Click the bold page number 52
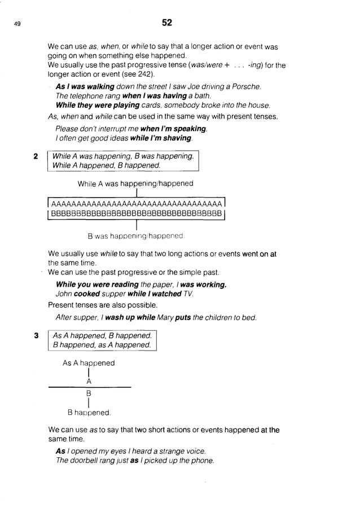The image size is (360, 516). [x=166, y=23]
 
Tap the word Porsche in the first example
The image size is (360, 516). [x=247, y=86]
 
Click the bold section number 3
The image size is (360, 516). [x=35, y=335]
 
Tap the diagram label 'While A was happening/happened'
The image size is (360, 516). [x=135, y=183]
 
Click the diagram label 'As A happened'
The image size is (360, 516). [x=89, y=363]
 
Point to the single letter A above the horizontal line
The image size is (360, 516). [x=89, y=381]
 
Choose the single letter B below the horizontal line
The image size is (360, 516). [x=89, y=392]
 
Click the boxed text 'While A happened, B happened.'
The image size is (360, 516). [x=106, y=165]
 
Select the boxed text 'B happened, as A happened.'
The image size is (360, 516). [x=102, y=345]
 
